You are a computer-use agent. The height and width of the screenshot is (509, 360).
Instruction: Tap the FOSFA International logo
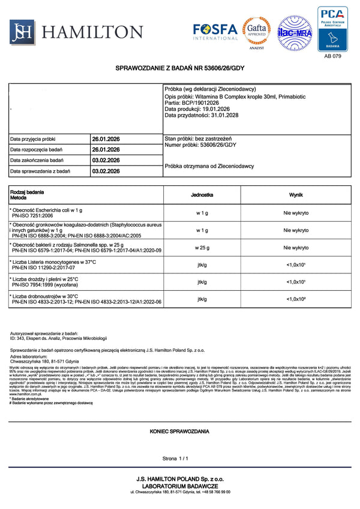click(215, 31)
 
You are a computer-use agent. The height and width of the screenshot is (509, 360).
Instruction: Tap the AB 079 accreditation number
click(332, 56)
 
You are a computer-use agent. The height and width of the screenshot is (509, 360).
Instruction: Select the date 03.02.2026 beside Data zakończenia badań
click(106, 160)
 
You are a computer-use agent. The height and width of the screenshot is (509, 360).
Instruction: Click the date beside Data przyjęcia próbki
click(106, 139)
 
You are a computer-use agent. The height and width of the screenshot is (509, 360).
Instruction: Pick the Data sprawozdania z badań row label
click(40, 171)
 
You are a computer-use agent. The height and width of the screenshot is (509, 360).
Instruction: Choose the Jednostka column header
click(202, 195)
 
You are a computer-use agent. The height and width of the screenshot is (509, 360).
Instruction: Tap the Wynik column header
click(296, 195)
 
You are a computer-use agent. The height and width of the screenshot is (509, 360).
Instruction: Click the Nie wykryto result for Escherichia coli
click(296, 213)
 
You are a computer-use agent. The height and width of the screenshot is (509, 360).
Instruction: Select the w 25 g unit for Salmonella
click(202, 248)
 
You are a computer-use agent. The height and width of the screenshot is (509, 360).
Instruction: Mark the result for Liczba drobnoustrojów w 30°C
click(296, 299)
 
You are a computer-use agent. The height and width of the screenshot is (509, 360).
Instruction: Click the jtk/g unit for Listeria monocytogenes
click(202, 265)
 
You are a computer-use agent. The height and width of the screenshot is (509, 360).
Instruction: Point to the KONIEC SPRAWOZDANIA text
click(179, 431)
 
